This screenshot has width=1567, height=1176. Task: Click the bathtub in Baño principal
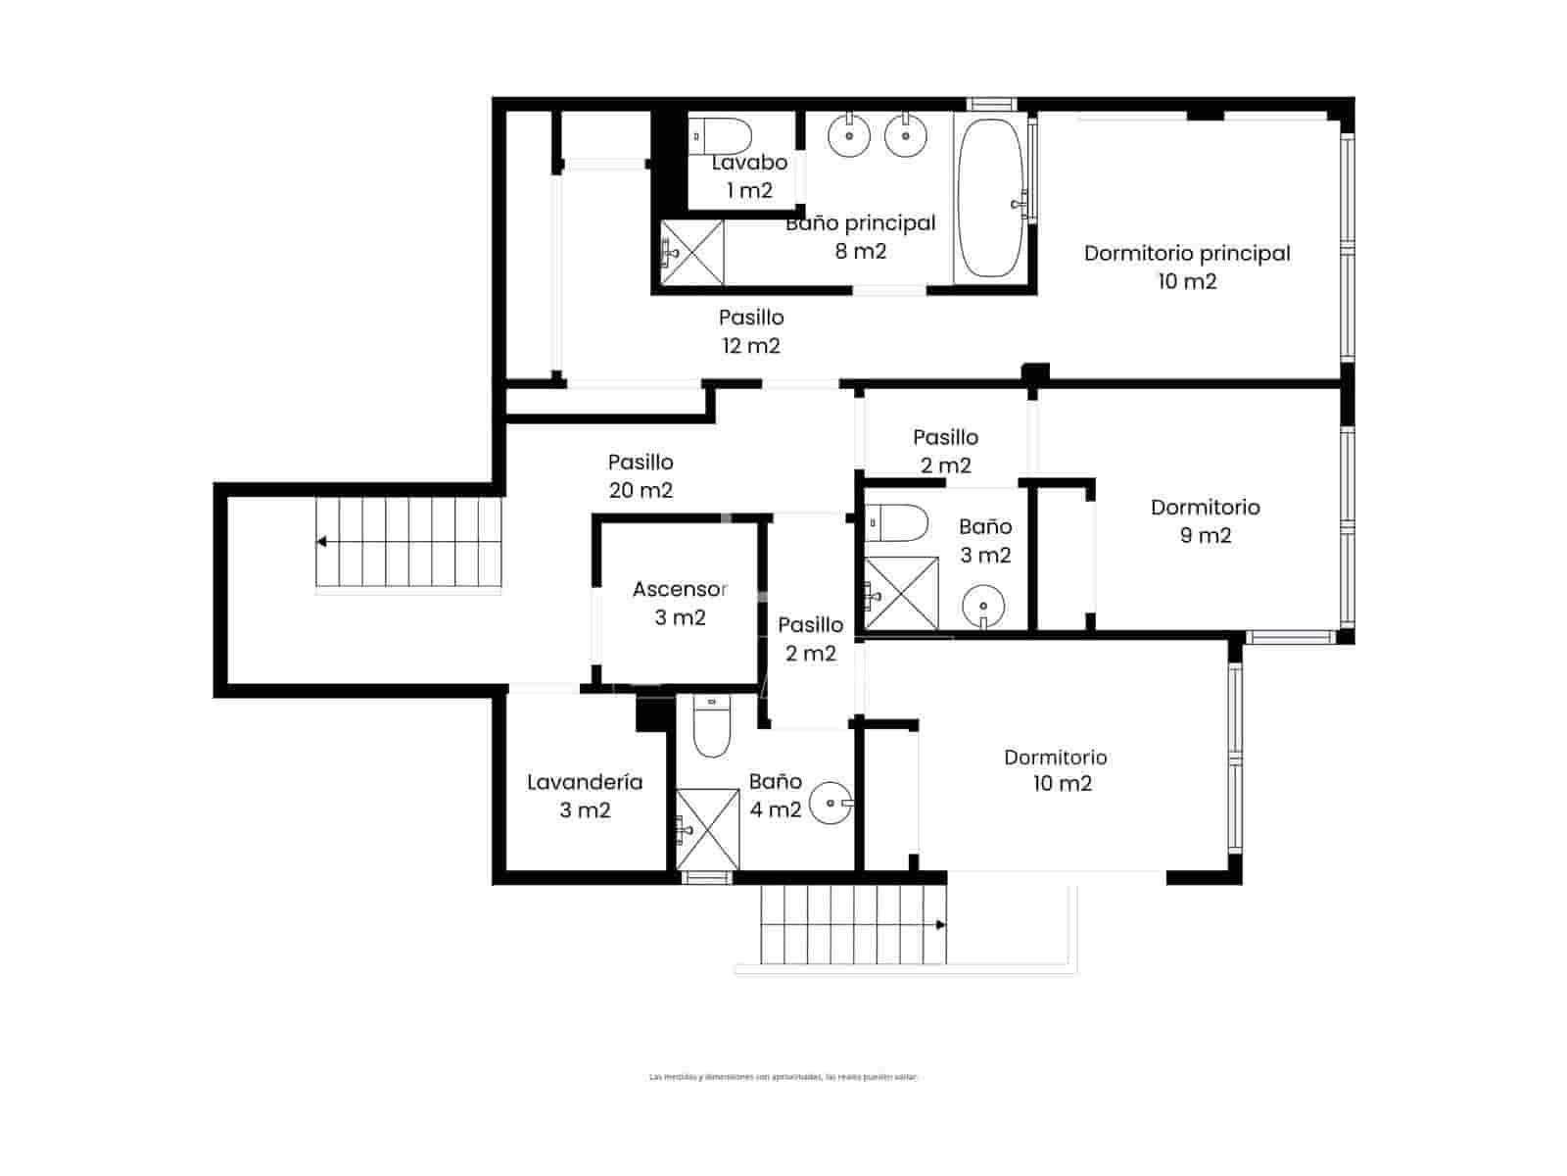click(x=990, y=198)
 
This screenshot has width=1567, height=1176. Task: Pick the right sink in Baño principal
click(x=906, y=135)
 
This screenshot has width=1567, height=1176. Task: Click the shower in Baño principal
click(x=692, y=253)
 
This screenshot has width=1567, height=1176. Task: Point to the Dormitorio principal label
click(x=1187, y=254)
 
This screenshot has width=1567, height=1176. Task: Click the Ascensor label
click(x=680, y=590)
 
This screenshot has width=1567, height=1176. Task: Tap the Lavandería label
click(x=585, y=782)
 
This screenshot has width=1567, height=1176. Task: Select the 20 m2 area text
click(x=641, y=490)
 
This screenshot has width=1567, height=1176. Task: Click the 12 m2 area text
click(x=751, y=346)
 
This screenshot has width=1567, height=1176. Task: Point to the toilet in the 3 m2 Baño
click(x=897, y=523)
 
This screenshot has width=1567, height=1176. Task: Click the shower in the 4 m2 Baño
click(x=707, y=829)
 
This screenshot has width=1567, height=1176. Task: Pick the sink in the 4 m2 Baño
click(x=832, y=804)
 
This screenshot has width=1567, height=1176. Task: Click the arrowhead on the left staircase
click(x=321, y=541)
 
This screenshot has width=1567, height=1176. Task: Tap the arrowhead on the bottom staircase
click(x=940, y=924)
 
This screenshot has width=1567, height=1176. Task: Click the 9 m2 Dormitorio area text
click(x=1206, y=536)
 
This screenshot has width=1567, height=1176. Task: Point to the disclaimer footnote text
click(x=783, y=1077)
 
